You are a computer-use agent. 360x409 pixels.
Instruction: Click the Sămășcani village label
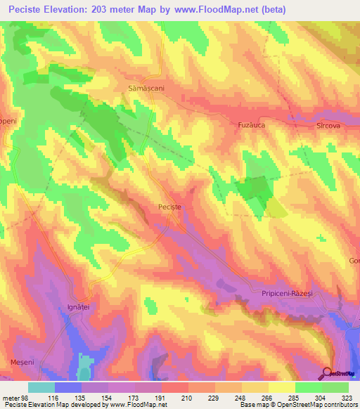pyautogui.click(x=146, y=98)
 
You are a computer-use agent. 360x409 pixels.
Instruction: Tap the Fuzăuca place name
pyautogui.click(x=245, y=125)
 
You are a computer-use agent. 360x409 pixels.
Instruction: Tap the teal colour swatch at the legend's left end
pyautogui.click(x=41, y=387)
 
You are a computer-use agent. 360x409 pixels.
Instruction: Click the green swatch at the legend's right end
pyautogui.click(x=335, y=387)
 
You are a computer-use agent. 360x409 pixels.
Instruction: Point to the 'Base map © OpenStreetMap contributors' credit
pyautogui.click(x=297, y=405)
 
